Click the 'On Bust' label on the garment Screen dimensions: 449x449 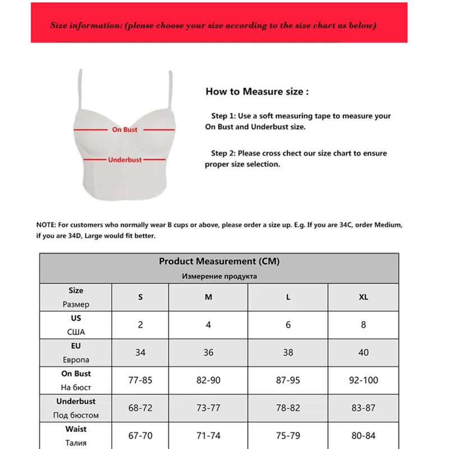click(x=124, y=130)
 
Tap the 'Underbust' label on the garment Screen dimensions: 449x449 click(x=125, y=160)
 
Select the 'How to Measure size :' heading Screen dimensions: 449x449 click(x=256, y=91)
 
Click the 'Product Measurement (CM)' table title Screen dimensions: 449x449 click(x=219, y=261)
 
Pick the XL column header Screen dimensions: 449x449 click(x=363, y=297)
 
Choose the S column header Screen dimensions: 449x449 click(x=140, y=297)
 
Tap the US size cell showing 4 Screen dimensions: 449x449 click(x=208, y=324)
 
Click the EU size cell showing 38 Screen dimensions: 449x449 click(x=288, y=352)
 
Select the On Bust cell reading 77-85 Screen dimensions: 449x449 click(x=140, y=380)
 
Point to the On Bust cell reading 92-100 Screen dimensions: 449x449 click(x=363, y=380)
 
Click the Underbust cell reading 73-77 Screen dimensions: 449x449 click(x=208, y=408)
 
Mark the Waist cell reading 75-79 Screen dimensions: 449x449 click(x=288, y=436)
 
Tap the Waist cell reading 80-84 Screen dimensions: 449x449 click(x=363, y=436)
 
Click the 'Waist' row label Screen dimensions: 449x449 click(x=76, y=429)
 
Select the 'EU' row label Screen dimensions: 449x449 click(x=76, y=346)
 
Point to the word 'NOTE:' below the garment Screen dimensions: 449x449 click(x=47, y=224)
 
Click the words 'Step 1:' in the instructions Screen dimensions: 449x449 click(x=223, y=116)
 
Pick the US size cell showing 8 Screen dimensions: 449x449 click(x=363, y=324)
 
